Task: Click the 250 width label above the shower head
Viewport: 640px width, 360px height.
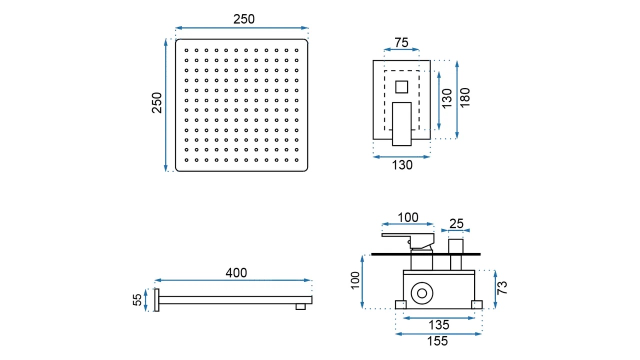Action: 243,19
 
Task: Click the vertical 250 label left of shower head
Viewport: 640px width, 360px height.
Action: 157,103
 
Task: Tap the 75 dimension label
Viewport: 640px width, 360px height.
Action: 401,42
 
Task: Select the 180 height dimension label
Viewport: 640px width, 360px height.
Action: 465,97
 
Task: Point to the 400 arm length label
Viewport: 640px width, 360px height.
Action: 236,273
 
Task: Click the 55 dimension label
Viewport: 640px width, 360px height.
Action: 137,299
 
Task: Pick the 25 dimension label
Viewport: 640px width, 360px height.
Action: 456,223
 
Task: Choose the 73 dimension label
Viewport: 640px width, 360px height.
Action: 502,287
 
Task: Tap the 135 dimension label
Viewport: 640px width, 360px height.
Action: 439,325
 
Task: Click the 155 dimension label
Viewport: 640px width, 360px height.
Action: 437,341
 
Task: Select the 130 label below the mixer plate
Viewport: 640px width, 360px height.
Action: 402,165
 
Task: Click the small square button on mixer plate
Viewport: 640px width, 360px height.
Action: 401,87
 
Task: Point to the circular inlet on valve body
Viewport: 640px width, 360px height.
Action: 422,293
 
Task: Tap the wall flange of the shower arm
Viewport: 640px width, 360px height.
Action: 156,299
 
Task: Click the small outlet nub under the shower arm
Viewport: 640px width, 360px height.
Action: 300,306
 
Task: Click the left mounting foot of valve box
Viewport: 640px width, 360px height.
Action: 400,304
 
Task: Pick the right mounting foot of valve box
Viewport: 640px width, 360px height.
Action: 476,304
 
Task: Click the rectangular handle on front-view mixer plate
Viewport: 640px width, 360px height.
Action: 401,124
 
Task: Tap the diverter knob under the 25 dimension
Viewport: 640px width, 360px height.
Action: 455,246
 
